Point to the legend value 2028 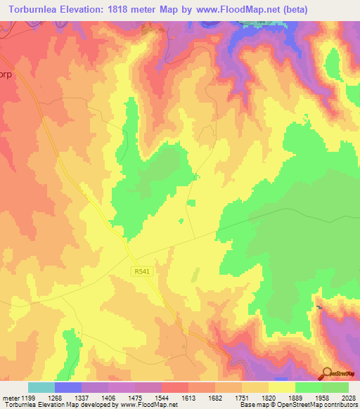[341, 397]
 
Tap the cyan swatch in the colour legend [41, 387]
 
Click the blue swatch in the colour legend [68, 387]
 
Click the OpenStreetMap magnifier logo [327, 372]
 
